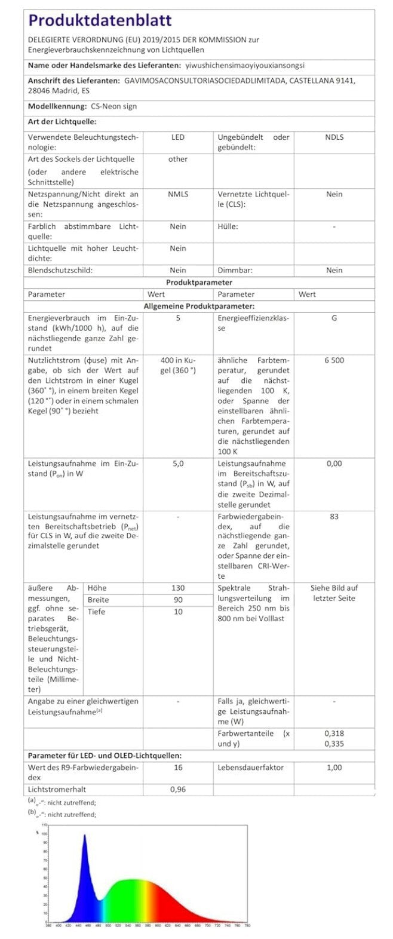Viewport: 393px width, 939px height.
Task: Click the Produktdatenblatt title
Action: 100,21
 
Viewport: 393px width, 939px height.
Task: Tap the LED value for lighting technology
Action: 178,137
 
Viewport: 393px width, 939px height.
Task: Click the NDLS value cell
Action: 334,137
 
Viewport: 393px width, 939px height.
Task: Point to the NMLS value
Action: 178,194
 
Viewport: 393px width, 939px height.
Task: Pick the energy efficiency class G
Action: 334,318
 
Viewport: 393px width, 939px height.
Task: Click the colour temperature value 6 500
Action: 334,360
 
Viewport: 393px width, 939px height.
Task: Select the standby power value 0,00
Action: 334,464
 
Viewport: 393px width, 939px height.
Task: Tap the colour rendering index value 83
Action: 334,517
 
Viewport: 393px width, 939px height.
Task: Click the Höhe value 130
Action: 178,588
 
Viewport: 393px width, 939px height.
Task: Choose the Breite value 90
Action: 178,600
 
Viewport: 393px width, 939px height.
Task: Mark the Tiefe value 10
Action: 178,612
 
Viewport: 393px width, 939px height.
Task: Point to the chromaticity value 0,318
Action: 334,734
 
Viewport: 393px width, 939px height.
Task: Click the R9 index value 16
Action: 178,768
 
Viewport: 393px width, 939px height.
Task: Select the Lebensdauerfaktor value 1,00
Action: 334,768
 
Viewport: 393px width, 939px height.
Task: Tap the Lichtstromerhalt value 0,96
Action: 178,790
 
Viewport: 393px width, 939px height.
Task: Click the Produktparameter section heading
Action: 199,283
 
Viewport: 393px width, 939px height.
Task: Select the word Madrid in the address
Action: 62,91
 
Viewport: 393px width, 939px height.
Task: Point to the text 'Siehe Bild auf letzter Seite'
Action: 334,593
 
